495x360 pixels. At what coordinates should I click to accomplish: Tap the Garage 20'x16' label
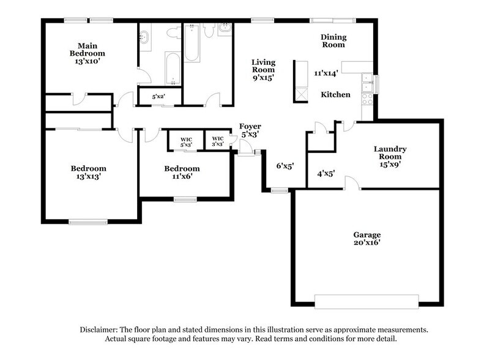pos(367,239)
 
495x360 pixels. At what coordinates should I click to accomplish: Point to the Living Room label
pos(264,70)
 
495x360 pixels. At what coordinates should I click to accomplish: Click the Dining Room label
pos(333,40)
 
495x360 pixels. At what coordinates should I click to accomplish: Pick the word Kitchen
pos(336,95)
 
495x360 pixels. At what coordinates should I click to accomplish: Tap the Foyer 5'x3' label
pos(250,130)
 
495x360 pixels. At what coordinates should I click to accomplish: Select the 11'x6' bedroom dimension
pos(181,177)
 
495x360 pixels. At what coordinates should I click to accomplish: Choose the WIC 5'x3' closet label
pos(186,142)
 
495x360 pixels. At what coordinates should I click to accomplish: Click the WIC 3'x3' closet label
pos(217,142)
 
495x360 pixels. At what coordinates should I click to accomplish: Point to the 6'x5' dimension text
pos(286,166)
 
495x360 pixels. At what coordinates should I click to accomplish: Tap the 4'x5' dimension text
pos(326,173)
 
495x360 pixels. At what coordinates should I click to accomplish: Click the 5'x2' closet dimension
pos(151,96)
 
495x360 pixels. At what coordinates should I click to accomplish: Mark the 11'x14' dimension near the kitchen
pos(326,73)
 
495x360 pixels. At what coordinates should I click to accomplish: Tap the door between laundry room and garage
pos(352,184)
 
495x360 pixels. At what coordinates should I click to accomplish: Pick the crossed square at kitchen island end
pos(301,94)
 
